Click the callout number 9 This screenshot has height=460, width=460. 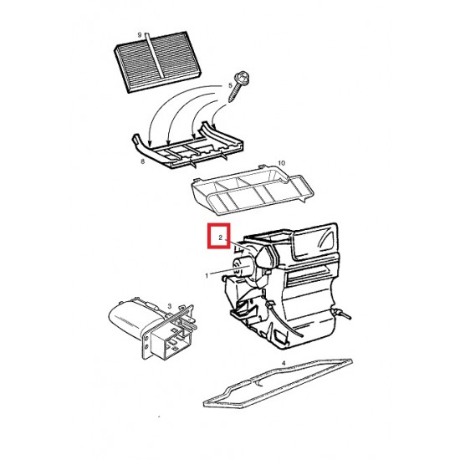point(140,35)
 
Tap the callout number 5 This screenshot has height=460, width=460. point(230,85)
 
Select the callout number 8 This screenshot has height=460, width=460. point(142,161)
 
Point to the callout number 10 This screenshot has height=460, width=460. point(281,163)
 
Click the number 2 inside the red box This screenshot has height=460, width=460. point(220,238)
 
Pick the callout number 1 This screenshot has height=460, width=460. point(207,276)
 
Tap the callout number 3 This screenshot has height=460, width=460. point(170,306)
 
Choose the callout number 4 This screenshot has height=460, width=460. point(284,363)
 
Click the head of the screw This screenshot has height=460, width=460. point(243,78)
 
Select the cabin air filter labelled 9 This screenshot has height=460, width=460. point(158,62)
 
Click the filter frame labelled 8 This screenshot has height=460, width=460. point(187,146)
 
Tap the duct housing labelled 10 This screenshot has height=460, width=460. point(253,190)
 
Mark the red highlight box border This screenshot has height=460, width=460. point(218,225)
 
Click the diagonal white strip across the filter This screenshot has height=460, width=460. point(155,56)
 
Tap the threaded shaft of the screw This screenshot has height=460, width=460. point(233,93)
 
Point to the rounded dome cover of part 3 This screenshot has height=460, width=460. point(132,318)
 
